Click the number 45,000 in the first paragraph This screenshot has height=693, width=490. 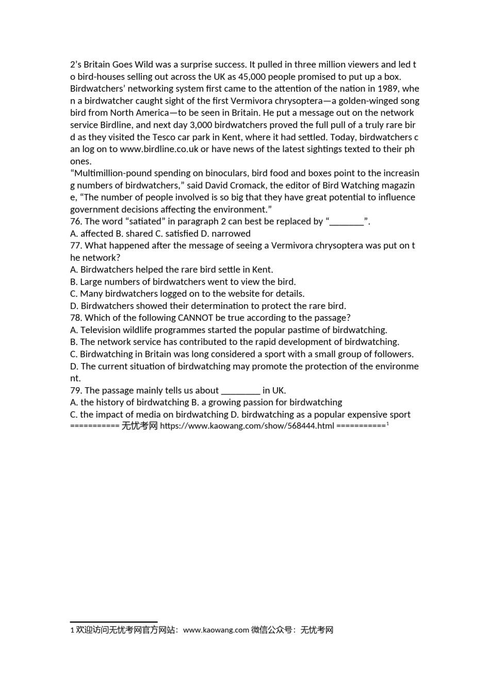pyautogui.click(x=241, y=77)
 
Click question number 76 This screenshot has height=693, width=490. pyautogui.click(x=76, y=222)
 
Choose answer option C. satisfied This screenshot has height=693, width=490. pyautogui.click(x=176, y=234)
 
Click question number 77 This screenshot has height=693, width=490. pyautogui.click(x=76, y=246)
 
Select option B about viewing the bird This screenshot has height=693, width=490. pyautogui.click(x=183, y=282)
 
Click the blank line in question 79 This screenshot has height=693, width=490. pyautogui.click(x=240, y=391)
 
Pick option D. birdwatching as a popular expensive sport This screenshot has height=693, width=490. pyautogui.click(x=320, y=415)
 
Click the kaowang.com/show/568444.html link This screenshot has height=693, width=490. pyautogui.click(x=247, y=426)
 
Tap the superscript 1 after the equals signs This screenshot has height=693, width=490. pyautogui.click(x=387, y=424)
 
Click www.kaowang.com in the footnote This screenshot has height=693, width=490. pyautogui.click(x=216, y=630)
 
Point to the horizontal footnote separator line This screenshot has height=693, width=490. pyautogui.click(x=113, y=622)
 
